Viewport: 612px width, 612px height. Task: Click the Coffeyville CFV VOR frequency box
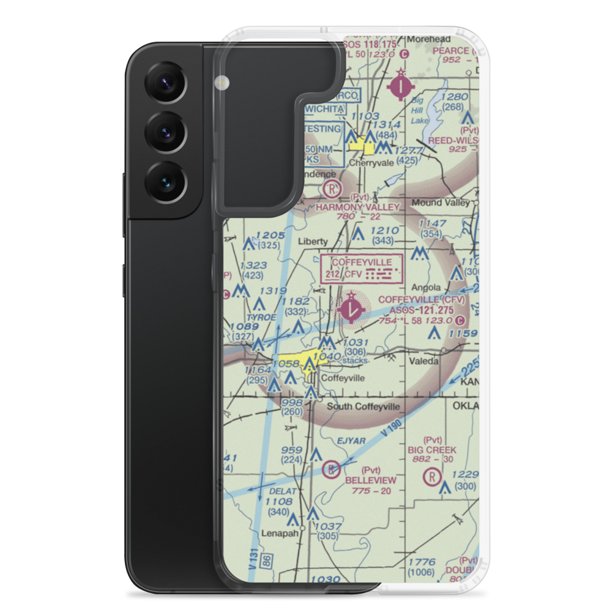362,269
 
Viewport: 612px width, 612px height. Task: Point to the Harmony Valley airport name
357,207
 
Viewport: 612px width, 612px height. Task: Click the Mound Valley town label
441,203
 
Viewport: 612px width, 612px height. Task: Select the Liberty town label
313,241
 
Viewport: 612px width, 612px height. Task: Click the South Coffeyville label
364,406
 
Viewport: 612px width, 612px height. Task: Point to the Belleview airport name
370,480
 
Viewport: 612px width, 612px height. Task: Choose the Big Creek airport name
432,450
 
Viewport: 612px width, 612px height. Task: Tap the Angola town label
426,287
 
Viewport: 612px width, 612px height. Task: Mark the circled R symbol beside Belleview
332,469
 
